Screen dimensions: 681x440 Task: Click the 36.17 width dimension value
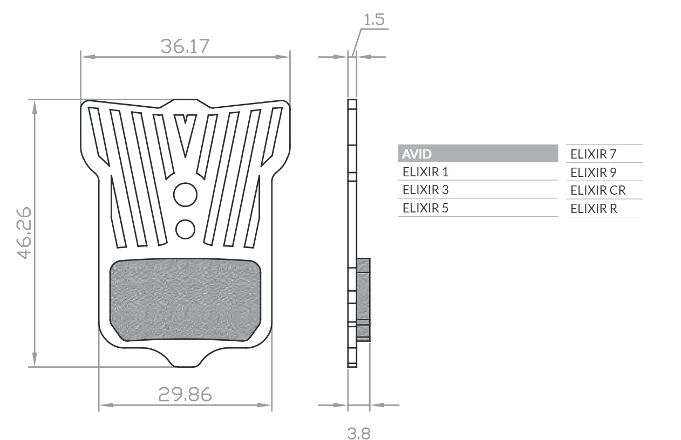tap(185, 46)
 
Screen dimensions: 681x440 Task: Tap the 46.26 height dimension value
tap(24, 233)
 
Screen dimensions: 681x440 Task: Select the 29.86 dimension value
tap(185, 394)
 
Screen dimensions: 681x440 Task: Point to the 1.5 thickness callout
tap(374, 19)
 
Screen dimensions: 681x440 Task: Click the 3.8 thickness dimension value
tap(359, 434)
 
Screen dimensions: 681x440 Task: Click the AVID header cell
tap(478, 154)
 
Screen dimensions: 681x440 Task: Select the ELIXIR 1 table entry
tap(425, 172)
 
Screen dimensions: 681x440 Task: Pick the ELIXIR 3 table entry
tap(425, 190)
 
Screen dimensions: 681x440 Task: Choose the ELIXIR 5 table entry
tap(425, 208)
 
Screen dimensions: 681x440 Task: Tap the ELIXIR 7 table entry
tap(593, 154)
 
